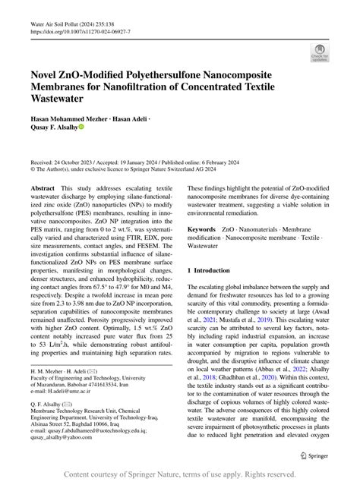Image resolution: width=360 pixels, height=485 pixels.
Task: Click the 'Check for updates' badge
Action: click(x=319, y=52)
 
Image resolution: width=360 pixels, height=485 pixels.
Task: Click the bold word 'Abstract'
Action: click(x=43, y=187)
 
